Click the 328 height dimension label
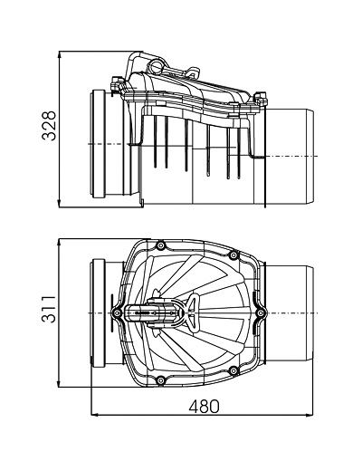tap(49, 126)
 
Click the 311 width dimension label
tap(49, 310)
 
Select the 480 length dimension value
tap(205, 406)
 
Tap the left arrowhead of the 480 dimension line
tap(94, 415)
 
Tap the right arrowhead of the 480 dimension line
tap(310, 415)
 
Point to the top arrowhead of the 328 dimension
tap(60, 54)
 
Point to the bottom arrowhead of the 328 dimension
tap(60, 204)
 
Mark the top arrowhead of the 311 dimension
tap(60, 243)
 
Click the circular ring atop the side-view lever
tap(157, 67)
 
